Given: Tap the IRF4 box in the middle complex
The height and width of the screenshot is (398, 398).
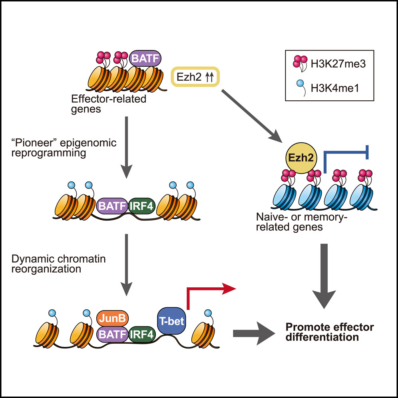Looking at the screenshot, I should pyautogui.click(x=143, y=207).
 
